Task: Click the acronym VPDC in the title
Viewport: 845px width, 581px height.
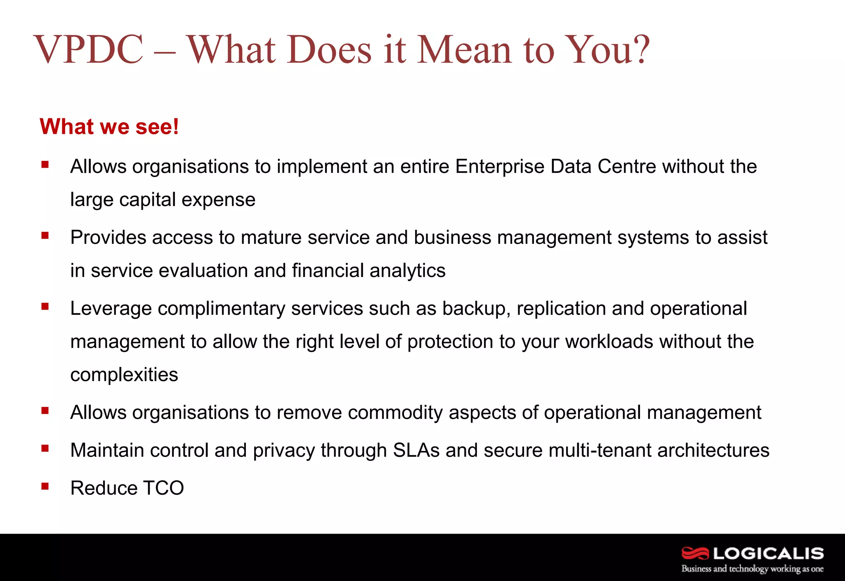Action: coord(88,50)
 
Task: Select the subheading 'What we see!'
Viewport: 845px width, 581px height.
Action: coord(109,126)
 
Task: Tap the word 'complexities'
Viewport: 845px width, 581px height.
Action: coord(124,375)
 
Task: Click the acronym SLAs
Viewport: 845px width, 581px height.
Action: coord(416,450)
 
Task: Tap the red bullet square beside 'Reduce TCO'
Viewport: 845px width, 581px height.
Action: coord(45,486)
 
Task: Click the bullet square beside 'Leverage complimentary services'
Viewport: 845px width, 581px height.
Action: coord(45,307)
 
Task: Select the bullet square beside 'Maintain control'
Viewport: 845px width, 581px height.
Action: coord(45,448)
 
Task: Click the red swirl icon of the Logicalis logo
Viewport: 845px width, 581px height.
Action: coord(695,553)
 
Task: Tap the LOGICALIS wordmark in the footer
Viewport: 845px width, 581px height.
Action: coord(768,553)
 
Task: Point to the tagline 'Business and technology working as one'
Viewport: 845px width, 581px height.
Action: coord(752,569)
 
